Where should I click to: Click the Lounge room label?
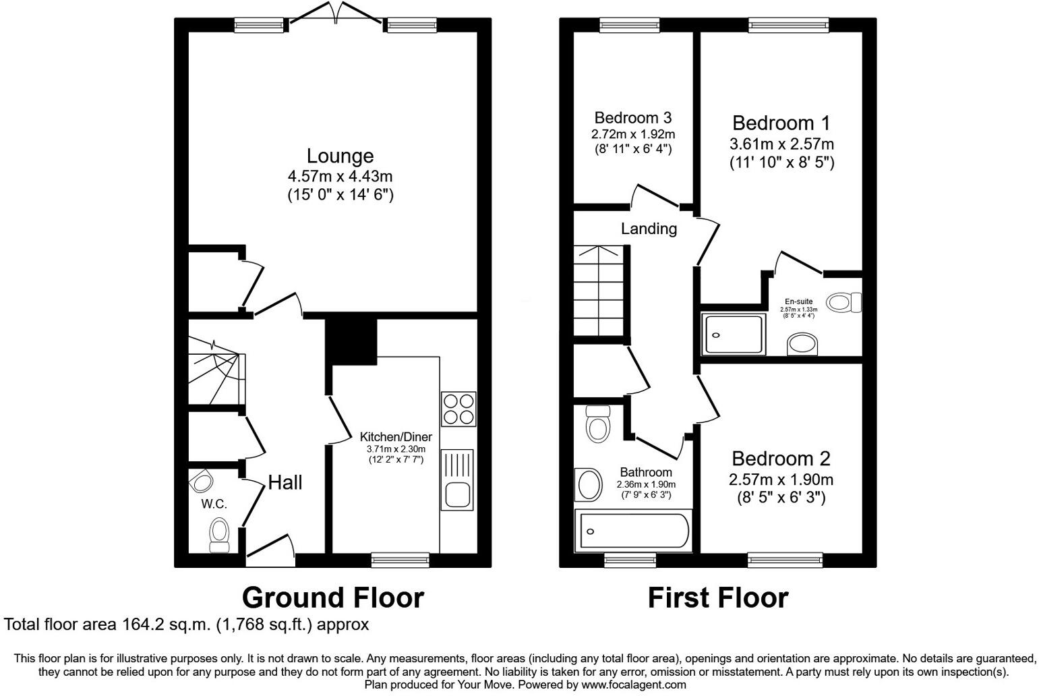coord(340,156)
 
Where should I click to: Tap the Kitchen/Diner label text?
coord(395,436)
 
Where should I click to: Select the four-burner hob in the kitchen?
coord(458,408)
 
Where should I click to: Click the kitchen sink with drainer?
coord(458,479)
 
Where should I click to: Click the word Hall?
coord(285,482)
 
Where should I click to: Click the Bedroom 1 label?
coord(781,123)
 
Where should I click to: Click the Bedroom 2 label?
coord(781,459)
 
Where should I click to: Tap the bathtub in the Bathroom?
coord(632,531)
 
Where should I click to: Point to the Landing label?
coord(649,229)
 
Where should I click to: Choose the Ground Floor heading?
coord(332,598)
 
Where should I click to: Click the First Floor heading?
coord(717,598)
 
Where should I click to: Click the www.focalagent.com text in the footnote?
coord(634,685)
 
